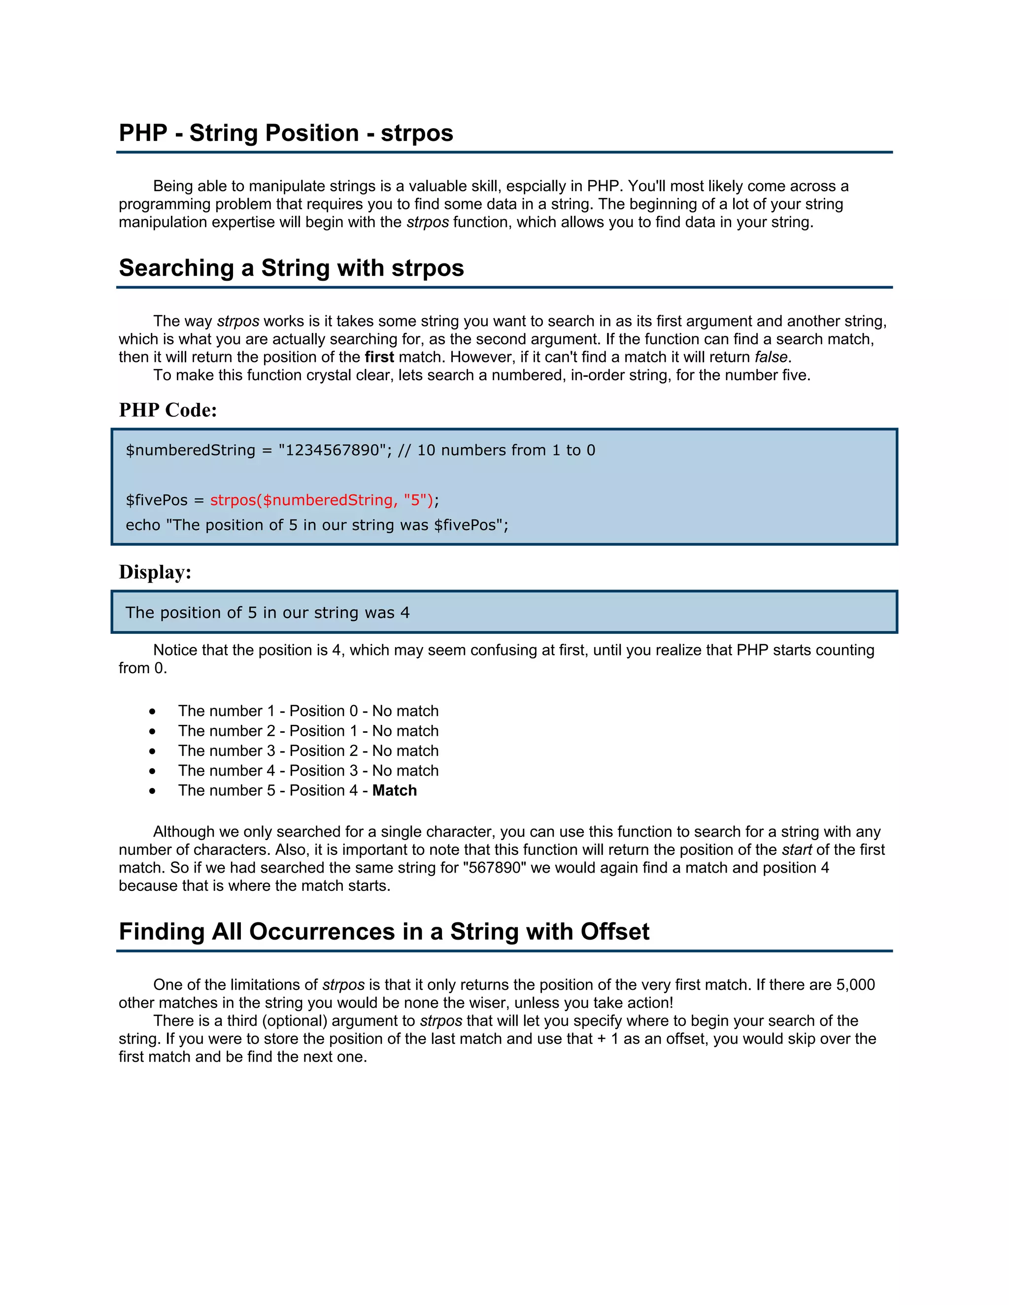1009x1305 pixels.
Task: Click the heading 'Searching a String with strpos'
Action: click(291, 268)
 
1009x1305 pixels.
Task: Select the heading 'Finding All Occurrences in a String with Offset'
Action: click(384, 932)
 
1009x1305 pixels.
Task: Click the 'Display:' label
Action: click(155, 572)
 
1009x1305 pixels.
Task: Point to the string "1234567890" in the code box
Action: click(333, 450)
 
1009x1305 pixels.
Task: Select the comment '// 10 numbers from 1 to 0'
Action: click(496, 450)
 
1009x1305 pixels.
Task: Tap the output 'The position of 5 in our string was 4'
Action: click(267, 613)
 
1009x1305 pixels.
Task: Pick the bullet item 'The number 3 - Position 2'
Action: click(308, 750)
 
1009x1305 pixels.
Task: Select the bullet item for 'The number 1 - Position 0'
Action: click(308, 711)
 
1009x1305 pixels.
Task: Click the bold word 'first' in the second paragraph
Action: click(379, 358)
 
